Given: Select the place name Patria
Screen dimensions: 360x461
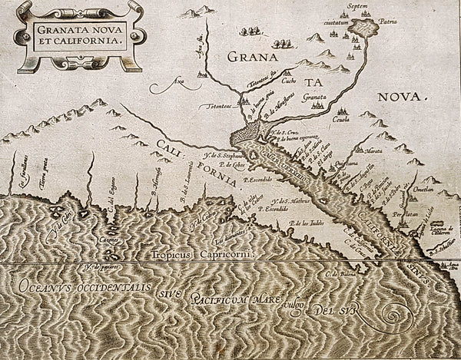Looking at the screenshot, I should click(394, 24).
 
